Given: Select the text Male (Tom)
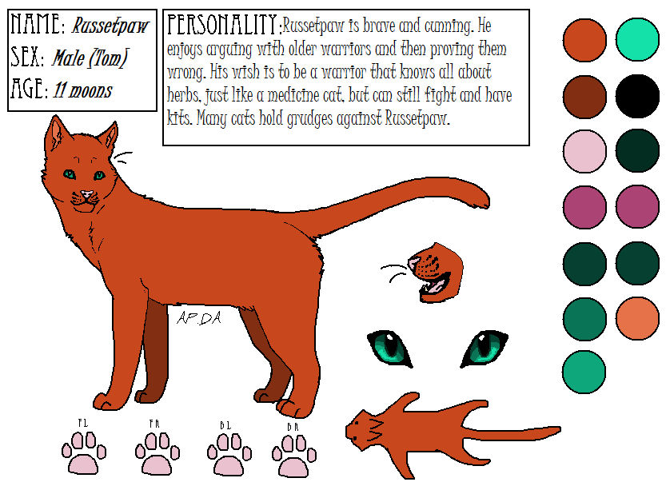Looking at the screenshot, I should pos(90,58).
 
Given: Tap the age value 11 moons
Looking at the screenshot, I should pos(83,90).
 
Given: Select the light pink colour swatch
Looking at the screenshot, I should pos(584,150).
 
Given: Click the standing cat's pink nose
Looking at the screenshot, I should pos(86,194).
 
